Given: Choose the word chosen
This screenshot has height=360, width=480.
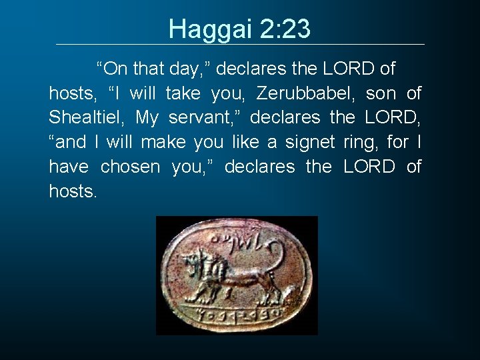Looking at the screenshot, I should (131, 167).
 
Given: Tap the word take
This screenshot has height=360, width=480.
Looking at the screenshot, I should (183, 93).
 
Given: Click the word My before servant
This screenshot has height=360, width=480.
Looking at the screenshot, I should (147, 118).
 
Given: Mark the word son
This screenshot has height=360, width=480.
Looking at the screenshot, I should (380, 93).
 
